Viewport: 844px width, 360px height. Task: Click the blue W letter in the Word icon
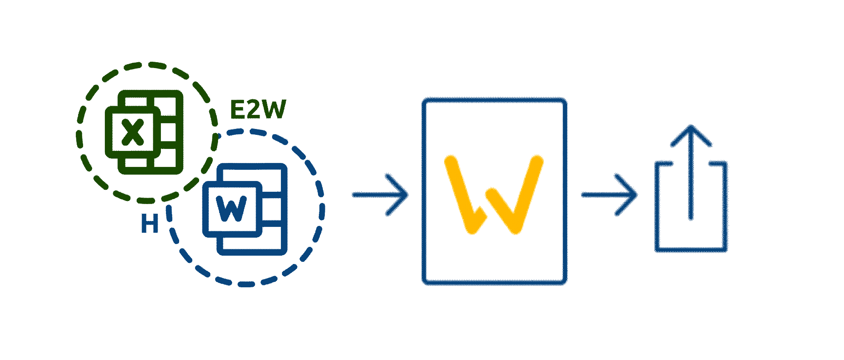pyautogui.click(x=231, y=209)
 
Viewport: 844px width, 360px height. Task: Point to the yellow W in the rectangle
pyautogui.click(x=494, y=195)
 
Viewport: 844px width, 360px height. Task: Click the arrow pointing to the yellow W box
pyautogui.click(x=380, y=195)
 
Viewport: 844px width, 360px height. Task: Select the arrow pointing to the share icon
pyautogui.click(x=609, y=195)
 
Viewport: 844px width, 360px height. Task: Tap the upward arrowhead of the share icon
pyautogui.click(x=691, y=134)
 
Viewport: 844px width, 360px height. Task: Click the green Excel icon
pyautogui.click(x=144, y=132)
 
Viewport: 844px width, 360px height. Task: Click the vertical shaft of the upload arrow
pyautogui.click(x=691, y=183)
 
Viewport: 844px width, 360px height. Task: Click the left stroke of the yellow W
pyautogui.click(x=460, y=195)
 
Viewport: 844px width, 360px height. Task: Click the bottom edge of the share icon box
pyautogui.click(x=691, y=251)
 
